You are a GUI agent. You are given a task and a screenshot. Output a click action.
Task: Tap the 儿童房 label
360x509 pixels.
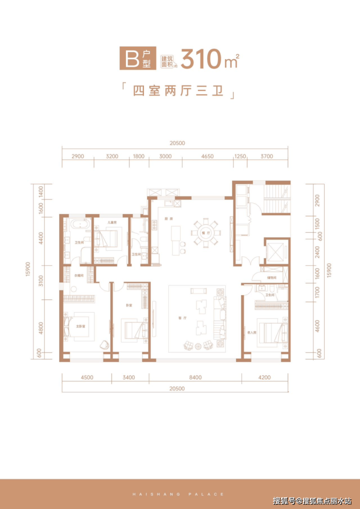[x=111, y=223]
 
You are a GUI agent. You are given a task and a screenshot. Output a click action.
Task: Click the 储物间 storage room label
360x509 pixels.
[x=271, y=278]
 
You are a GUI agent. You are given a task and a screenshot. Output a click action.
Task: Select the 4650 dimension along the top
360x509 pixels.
[x=207, y=157]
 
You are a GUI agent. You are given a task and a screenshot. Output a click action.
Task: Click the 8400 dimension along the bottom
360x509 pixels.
[x=195, y=376]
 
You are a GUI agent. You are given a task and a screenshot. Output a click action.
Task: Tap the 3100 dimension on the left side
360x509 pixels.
[x=41, y=281]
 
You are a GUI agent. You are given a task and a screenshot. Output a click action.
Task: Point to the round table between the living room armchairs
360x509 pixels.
[x=198, y=347]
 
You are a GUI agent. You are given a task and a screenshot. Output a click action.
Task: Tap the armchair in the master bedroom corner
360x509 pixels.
[x=104, y=344]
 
